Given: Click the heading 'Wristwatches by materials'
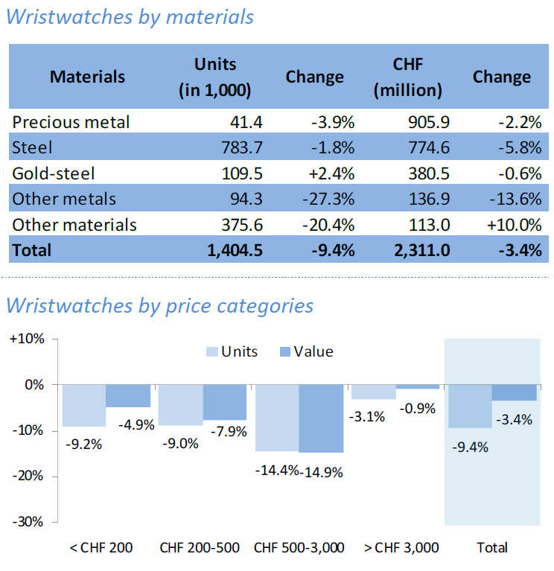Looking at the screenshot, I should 130,16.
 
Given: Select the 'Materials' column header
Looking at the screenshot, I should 87,77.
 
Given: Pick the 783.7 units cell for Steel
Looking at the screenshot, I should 237,147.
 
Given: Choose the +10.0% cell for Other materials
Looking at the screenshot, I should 513,224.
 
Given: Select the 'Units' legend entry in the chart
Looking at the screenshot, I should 231,351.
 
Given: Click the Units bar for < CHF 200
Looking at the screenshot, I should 83,405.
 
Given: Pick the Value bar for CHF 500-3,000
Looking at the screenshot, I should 321,418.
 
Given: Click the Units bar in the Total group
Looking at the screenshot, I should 470,406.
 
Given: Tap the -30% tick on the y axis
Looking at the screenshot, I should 28,522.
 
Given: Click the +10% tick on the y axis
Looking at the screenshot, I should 28,339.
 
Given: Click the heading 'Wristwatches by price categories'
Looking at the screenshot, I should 159,305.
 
